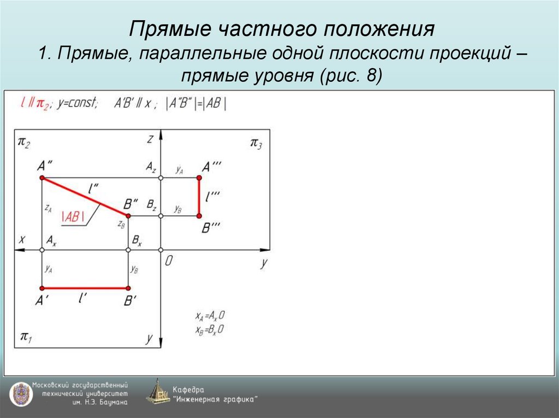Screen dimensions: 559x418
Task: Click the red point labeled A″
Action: [42, 178]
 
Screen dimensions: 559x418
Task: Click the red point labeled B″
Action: [128, 216]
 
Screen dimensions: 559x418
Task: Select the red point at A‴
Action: [199, 178]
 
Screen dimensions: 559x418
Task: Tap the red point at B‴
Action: [199, 216]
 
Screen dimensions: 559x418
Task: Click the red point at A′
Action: [42, 288]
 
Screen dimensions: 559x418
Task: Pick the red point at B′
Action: [128, 288]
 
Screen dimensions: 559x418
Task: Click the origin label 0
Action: [169, 262]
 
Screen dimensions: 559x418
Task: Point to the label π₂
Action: [24, 142]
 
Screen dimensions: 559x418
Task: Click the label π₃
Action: [256, 143]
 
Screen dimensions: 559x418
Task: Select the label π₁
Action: [26, 336]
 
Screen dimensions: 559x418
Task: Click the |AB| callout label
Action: [73, 216]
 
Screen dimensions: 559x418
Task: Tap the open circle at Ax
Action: [42, 250]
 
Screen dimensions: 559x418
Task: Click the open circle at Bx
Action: [128, 250]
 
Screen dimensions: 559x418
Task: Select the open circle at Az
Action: [160, 178]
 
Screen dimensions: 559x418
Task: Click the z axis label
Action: [149, 140]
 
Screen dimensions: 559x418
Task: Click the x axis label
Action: [22, 239]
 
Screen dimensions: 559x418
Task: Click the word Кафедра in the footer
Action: [188, 389]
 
